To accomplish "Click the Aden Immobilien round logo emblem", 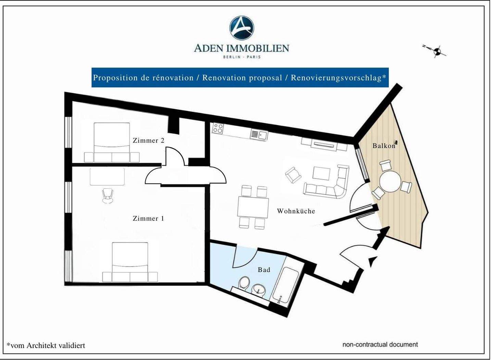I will click(241, 28).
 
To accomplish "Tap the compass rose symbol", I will click(437, 52).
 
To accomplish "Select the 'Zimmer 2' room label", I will click(148, 140).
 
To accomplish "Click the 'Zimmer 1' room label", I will click(148, 219).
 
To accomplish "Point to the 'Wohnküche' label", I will click(296, 211).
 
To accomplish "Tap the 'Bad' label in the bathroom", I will click(264, 270).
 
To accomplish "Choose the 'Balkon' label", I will click(384, 146).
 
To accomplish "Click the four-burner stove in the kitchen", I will click(218, 128).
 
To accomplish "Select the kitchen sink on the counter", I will click(259, 135).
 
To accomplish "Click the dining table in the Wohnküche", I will click(253, 207).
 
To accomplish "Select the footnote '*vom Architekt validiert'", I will click(46, 346).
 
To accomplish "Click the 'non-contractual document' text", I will click(380, 345).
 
